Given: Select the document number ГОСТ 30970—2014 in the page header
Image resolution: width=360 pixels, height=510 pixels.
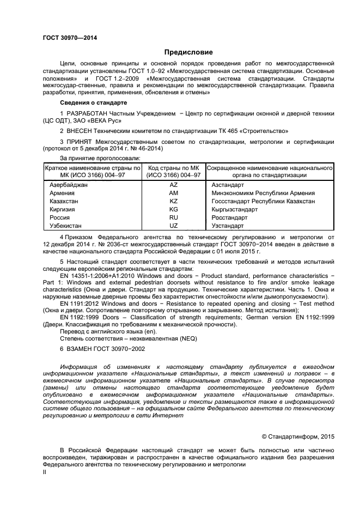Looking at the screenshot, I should (x=70, y=38).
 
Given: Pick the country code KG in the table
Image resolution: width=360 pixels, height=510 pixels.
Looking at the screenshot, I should (x=174, y=209).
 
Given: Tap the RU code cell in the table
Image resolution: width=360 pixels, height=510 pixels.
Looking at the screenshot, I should (x=174, y=217).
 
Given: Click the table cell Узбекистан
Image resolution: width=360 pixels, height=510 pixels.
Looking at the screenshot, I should (x=65, y=226).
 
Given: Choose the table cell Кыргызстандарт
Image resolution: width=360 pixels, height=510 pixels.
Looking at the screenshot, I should (x=234, y=209).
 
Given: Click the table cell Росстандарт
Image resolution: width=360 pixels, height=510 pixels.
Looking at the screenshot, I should (x=230, y=217).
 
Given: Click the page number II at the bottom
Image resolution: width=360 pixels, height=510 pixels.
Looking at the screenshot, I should (x=45, y=473).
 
